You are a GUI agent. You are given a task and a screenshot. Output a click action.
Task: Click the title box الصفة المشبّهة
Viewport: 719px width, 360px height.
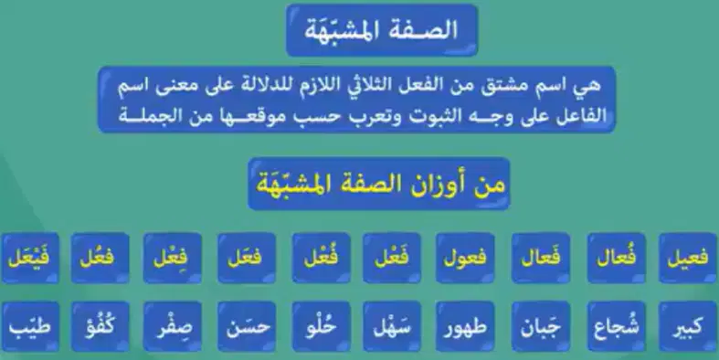[x=382, y=30]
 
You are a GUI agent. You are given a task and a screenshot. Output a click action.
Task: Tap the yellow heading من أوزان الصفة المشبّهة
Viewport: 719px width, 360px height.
[x=380, y=184]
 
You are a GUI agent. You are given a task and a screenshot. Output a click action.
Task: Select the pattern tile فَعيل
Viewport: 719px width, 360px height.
[x=688, y=258]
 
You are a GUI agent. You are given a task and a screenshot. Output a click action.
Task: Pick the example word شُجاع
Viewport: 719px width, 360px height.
[x=616, y=326]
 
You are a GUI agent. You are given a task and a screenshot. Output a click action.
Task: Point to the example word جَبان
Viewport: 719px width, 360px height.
[x=541, y=326]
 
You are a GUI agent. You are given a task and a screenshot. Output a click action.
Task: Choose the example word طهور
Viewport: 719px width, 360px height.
[x=465, y=327]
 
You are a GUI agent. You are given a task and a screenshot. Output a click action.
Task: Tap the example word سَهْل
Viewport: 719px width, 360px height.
[x=392, y=326]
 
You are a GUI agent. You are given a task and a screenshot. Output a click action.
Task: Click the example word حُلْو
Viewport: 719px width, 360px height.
[x=321, y=326]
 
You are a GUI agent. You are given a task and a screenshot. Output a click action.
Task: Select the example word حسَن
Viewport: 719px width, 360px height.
[x=247, y=327]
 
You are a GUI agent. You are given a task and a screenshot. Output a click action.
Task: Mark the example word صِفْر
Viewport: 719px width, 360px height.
[x=172, y=327]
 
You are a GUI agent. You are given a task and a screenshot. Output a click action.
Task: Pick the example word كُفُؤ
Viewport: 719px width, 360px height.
[x=100, y=326]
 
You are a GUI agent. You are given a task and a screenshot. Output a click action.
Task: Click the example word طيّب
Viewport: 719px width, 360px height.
[x=30, y=327]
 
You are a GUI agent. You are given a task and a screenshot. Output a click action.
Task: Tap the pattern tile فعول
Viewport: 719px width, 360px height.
[x=465, y=258]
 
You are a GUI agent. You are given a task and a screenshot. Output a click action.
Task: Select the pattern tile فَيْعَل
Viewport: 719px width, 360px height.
[x=30, y=258]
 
